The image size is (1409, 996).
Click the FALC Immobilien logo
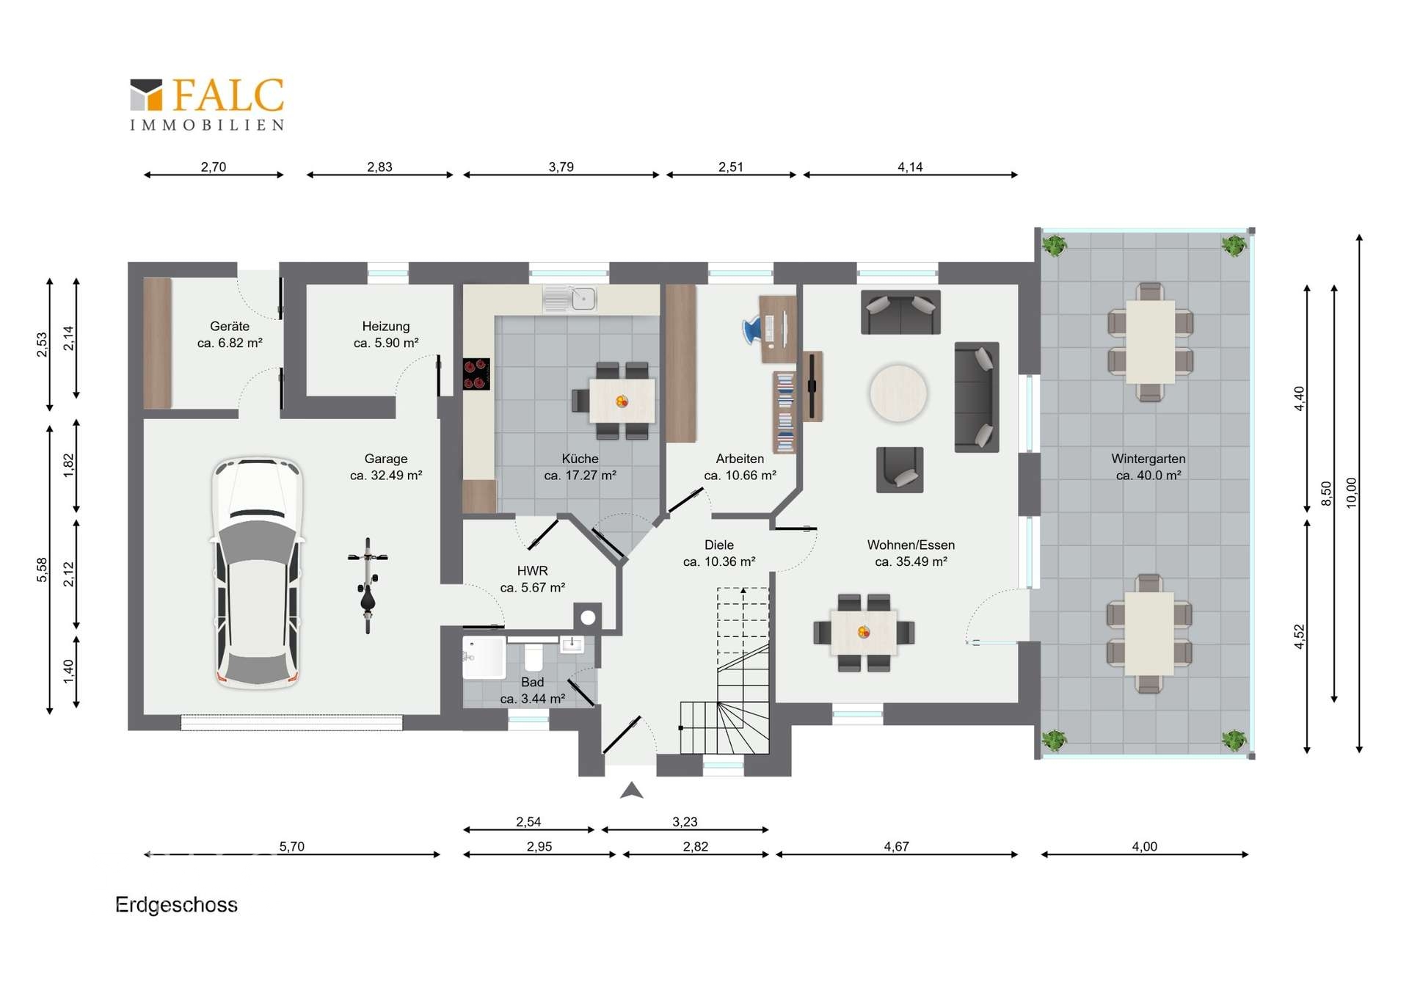tap(207, 104)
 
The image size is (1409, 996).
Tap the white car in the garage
tap(258, 572)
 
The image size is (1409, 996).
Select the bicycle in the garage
tap(368, 585)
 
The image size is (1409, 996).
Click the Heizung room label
tap(385, 326)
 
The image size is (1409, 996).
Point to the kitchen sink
tap(570, 299)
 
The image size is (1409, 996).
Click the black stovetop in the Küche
tap(476, 374)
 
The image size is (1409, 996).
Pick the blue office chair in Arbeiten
tap(753, 330)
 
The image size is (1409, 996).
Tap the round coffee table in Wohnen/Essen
tap(898, 393)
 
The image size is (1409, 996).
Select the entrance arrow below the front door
tap(632, 790)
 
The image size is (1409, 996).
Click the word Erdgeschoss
tap(176, 904)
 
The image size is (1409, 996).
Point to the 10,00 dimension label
tap(1351, 492)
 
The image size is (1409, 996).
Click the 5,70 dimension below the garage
tap(291, 846)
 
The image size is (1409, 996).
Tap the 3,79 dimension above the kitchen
tap(561, 167)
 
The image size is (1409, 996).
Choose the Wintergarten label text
tap(1148, 459)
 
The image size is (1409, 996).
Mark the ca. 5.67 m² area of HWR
tap(533, 587)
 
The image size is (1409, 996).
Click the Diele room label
tap(719, 545)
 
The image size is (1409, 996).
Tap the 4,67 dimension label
tap(896, 846)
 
